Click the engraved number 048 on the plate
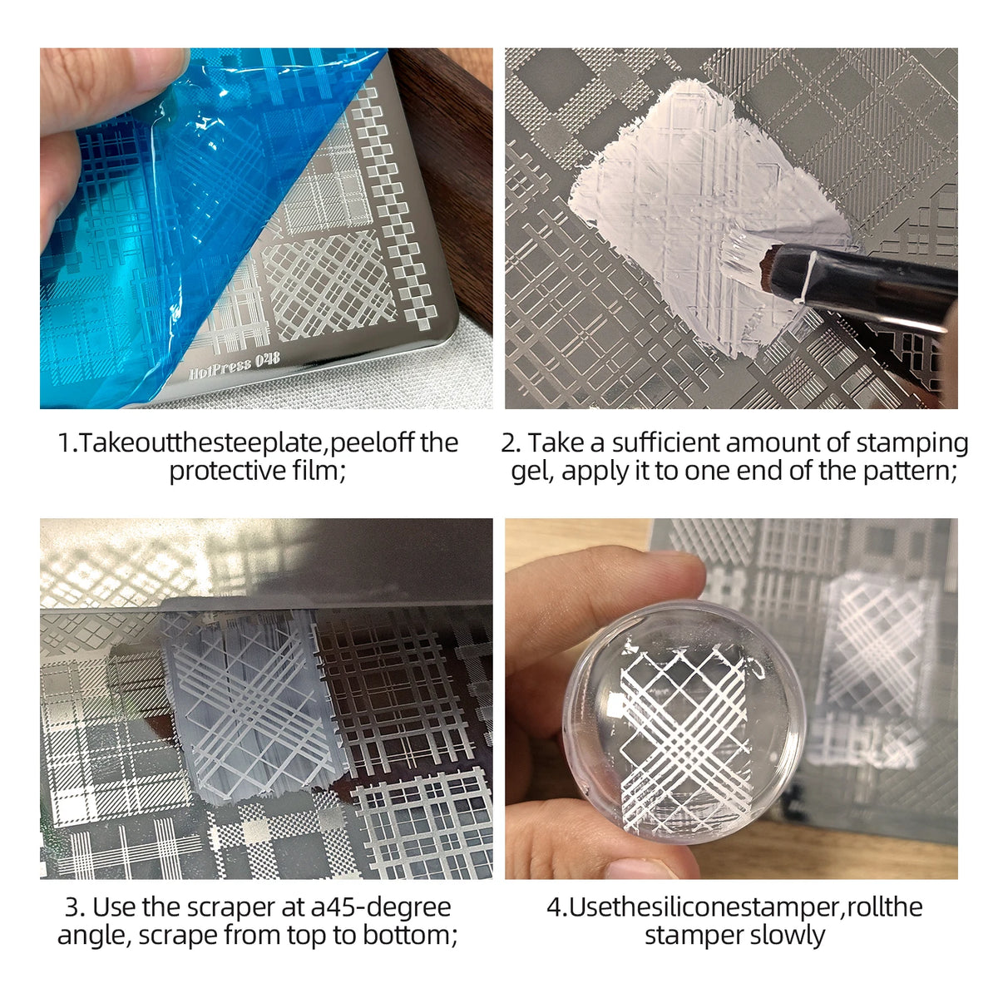[x=268, y=359]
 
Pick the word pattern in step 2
[x=908, y=472]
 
